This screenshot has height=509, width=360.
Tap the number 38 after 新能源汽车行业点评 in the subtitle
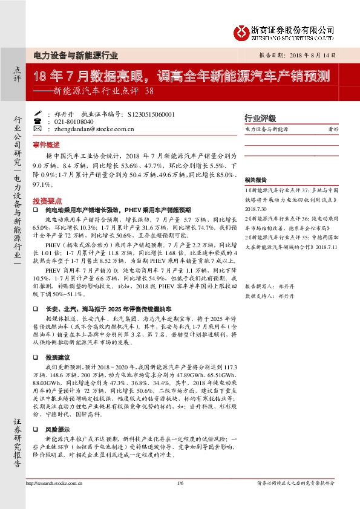(x=151, y=92)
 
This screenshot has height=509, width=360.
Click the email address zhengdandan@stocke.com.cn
(x=93, y=129)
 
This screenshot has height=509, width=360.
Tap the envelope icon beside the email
(x=38, y=129)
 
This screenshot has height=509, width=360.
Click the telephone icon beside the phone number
(x=38, y=121)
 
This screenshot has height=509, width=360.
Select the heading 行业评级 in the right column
(x=260, y=118)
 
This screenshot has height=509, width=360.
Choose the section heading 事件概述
(x=47, y=146)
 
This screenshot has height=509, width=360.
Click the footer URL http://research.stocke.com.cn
(x=55, y=483)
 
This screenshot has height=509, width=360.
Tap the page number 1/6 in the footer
(x=180, y=483)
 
